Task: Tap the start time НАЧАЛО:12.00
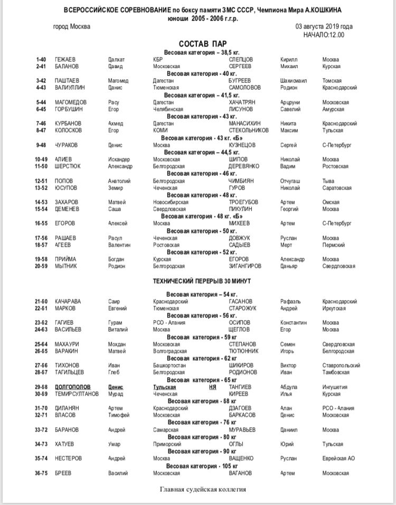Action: [x=324, y=35]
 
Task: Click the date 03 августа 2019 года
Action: [x=324, y=27]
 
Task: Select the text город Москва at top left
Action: [x=72, y=27]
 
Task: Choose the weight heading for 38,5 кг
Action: [x=202, y=53]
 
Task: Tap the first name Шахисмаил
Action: [x=294, y=81]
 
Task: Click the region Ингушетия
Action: [x=335, y=387]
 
